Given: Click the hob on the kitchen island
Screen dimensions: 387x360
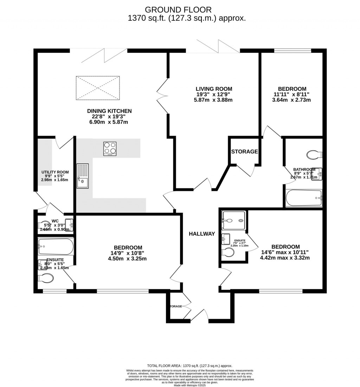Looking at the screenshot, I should coord(110,149).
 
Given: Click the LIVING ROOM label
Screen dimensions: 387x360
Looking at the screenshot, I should coord(214,89).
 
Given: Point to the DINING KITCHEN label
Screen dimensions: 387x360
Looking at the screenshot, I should coord(109,111).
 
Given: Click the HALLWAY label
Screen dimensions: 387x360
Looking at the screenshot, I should coord(201,234).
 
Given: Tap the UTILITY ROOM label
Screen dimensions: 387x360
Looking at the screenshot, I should coord(55,172).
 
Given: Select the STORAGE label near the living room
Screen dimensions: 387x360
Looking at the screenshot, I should coord(244,151).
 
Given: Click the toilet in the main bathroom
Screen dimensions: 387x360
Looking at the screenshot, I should coord(314,155).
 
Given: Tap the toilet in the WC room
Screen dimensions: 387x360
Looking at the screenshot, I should coord(45,225).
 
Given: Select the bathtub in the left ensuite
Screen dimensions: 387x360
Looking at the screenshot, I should coord(56,247).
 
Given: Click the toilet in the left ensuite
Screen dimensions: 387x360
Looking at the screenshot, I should coord(46,278).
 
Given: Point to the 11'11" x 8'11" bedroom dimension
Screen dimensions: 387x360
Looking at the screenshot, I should coord(292,94).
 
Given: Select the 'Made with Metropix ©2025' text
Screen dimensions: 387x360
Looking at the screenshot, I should coord(190,385).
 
